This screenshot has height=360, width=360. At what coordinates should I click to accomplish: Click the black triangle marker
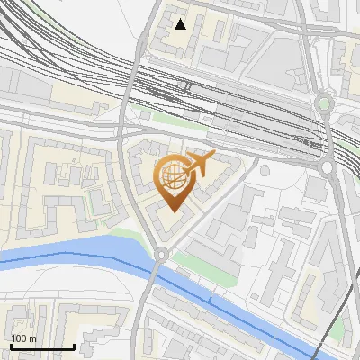181,24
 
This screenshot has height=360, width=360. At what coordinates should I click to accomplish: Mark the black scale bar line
42,346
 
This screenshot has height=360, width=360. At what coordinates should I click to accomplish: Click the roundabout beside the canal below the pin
161,255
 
